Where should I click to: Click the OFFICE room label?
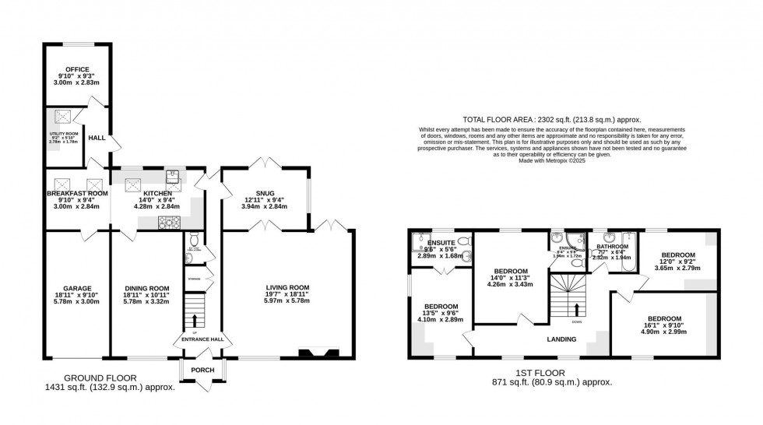coord(77,69)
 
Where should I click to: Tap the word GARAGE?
coord(77,286)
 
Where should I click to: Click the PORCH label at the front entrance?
coord(202,370)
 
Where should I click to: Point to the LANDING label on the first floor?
coord(561,339)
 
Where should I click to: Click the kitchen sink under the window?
coord(172,175)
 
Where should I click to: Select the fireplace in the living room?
coord(318,353)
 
